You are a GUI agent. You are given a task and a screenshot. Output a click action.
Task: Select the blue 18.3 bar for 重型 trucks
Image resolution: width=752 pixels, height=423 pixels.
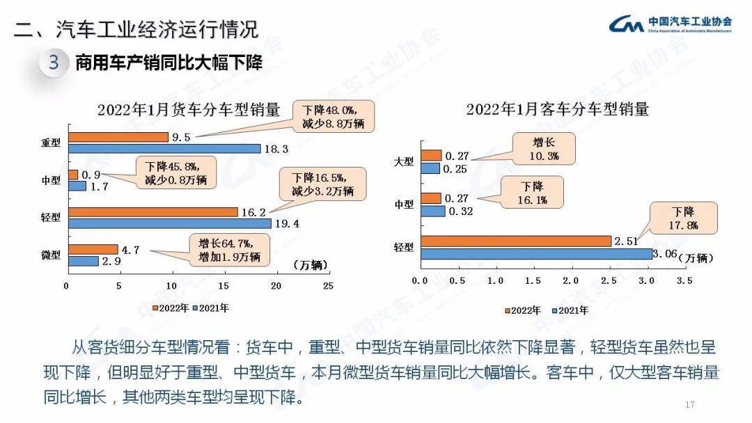[x=164, y=148]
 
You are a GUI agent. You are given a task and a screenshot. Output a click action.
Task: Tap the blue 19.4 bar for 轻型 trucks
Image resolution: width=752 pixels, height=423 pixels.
[x=169, y=223]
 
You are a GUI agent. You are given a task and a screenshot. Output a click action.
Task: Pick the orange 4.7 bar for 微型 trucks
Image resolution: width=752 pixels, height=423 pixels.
[x=93, y=249]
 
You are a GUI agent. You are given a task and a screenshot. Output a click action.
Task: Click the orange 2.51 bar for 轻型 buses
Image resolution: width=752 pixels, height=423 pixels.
[x=516, y=241]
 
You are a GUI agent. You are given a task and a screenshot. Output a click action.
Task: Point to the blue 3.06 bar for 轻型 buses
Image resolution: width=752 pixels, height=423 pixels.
[x=537, y=253]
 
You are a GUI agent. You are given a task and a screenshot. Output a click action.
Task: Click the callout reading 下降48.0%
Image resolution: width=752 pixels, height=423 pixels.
[x=338, y=116]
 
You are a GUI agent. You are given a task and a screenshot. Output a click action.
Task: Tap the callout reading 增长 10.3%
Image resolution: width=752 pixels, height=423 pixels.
[x=545, y=148]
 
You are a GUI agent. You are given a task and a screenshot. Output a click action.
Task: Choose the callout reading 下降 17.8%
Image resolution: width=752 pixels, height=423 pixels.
[x=684, y=217]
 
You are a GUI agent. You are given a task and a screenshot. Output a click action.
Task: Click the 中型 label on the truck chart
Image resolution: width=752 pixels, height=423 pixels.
[x=51, y=180]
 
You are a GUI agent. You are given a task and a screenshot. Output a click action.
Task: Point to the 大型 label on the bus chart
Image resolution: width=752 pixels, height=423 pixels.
[x=404, y=161]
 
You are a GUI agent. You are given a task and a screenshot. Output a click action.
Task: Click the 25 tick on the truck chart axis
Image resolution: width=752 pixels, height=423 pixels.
[x=328, y=286]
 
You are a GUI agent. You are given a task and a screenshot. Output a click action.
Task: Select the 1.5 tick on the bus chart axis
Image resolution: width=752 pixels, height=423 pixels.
[x=533, y=280]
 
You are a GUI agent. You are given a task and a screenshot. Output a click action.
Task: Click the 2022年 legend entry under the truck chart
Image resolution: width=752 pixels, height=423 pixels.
[x=170, y=308]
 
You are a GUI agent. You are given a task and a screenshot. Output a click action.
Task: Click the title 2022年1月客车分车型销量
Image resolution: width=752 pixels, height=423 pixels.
[x=557, y=109]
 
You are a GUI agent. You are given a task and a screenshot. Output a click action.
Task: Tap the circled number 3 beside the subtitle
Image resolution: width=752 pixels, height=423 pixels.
[x=54, y=63]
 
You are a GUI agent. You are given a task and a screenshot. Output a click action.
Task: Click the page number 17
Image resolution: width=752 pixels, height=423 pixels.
[x=690, y=405]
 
